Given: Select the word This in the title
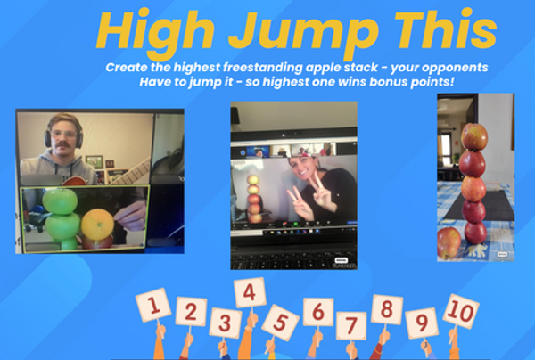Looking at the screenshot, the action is (445, 29).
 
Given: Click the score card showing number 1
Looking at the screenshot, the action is (153, 305).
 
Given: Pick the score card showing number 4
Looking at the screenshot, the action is (250, 292).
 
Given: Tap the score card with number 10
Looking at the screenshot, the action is (461, 311).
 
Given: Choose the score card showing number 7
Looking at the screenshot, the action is (351, 325).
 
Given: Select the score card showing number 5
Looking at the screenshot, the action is (280, 323).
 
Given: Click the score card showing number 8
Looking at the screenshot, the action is (387, 309).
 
